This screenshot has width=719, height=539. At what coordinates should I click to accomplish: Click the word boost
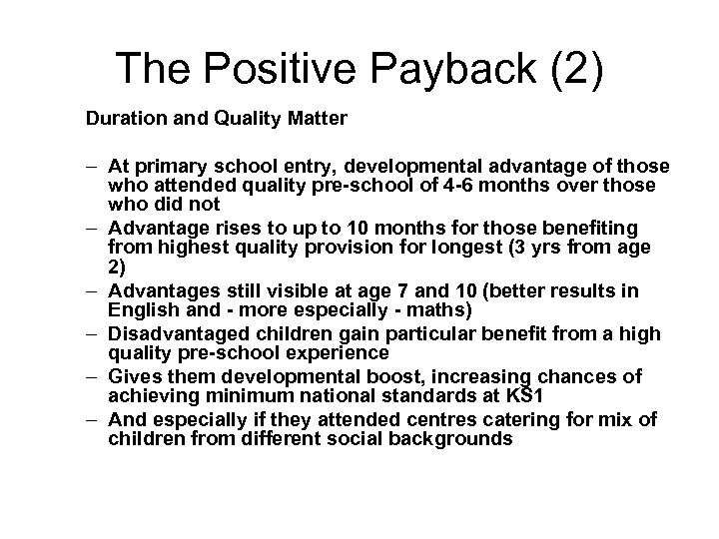(346, 376)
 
